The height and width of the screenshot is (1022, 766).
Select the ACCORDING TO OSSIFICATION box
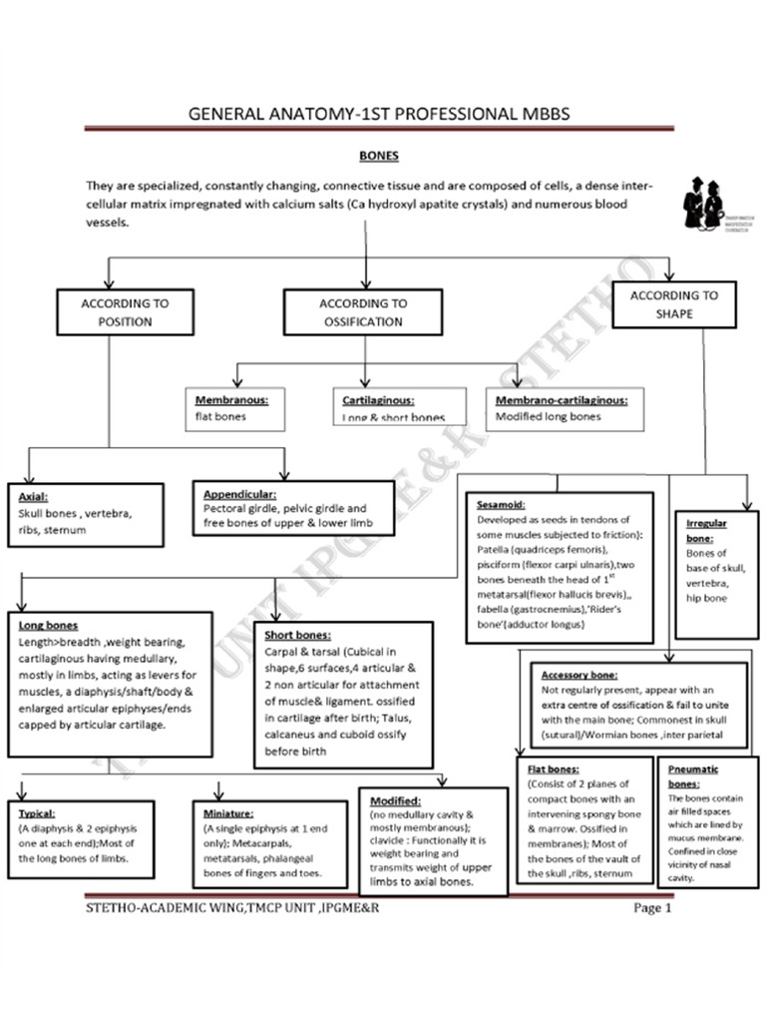363,311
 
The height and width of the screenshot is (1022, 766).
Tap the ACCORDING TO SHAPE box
674,303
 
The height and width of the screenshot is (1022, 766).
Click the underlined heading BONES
378,156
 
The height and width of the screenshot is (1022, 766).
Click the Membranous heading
224,400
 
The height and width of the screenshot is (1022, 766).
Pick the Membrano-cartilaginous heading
561,400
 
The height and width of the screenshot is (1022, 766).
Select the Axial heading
34,496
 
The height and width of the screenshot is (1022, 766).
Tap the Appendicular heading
239,493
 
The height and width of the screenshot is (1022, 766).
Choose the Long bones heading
49,626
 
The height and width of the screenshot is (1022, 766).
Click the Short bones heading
298,635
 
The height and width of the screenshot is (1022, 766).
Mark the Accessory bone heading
579,674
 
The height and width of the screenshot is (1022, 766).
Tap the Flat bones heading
552,769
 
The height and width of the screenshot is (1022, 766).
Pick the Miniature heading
228,813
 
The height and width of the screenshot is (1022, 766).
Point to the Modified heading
395,800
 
